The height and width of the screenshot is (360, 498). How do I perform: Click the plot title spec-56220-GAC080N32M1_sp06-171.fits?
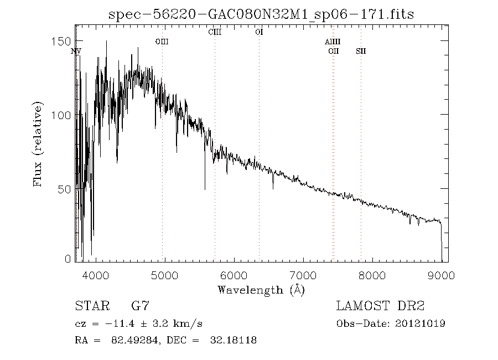261,14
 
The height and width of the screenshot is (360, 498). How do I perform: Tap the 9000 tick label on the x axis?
441,275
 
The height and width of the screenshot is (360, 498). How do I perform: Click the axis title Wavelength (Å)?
261,290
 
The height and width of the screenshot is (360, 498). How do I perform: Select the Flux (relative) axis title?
38,144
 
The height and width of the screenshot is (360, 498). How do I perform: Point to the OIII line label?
162,42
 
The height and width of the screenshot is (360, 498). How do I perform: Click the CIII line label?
215,32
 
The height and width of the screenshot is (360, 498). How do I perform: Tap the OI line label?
259,32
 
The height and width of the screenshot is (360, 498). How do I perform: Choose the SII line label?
361,52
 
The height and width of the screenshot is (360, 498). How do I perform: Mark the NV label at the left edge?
76,52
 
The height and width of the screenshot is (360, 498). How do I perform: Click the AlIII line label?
333,42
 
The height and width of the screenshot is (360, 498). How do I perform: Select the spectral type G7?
140,306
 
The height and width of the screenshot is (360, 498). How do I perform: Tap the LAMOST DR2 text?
380,306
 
